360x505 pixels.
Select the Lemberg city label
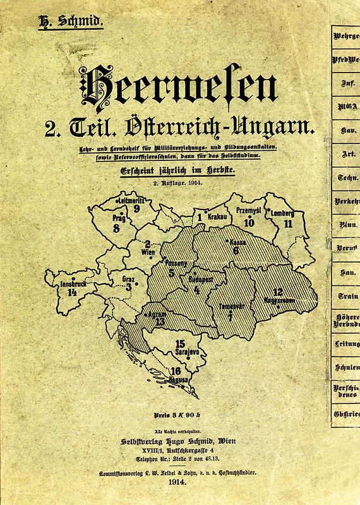click(x=282, y=213)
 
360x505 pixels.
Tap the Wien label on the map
click(x=147, y=254)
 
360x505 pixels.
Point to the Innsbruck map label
click(x=72, y=284)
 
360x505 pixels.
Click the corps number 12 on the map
click(x=277, y=292)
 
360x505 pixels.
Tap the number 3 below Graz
click(x=129, y=287)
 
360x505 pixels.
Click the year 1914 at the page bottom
click(x=179, y=480)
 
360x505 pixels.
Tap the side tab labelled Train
click(x=346, y=295)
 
